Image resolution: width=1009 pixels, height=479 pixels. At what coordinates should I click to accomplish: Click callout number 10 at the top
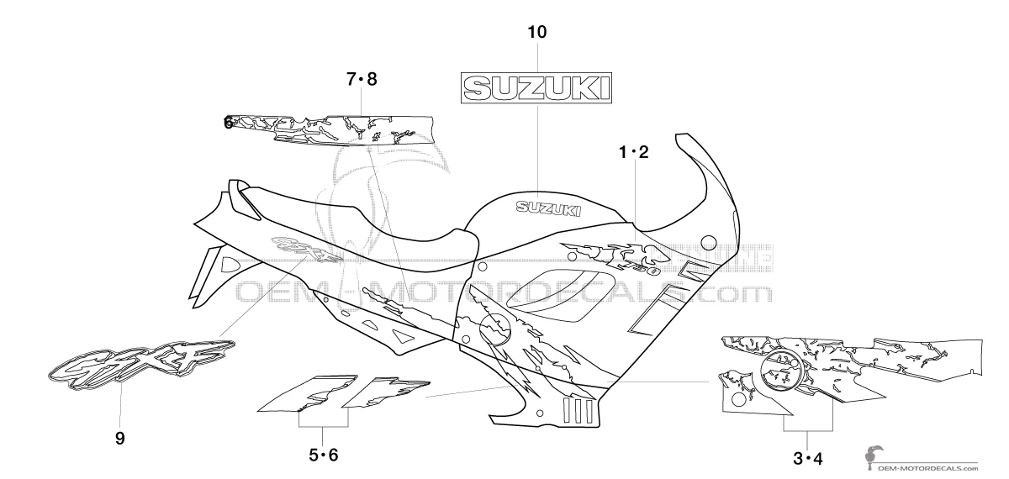coord(536,33)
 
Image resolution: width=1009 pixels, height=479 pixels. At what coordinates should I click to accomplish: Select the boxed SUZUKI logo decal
coord(535,87)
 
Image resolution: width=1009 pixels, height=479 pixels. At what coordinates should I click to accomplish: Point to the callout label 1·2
coord(634,153)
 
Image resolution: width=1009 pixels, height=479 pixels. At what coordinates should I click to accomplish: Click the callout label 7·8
coord(362,80)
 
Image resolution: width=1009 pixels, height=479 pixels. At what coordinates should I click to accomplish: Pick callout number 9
coord(119,437)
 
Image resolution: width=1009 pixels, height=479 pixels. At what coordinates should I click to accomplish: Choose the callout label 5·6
coord(323,455)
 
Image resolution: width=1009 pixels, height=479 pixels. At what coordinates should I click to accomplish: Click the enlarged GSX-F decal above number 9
coord(141,362)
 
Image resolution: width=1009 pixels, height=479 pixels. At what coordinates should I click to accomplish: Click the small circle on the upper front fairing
coord(709,243)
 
